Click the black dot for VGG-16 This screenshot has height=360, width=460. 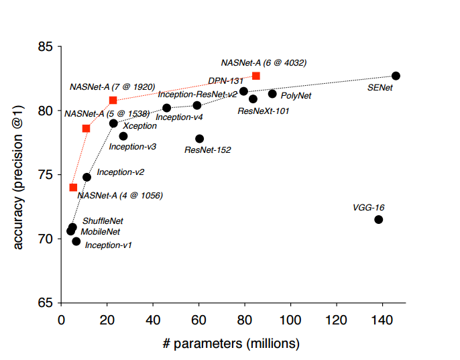pyautogui.click(x=378, y=219)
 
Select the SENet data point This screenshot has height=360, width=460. pyautogui.click(x=396, y=76)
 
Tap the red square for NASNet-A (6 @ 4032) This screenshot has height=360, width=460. pyautogui.click(x=256, y=76)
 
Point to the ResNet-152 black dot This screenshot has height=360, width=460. pyautogui.click(x=199, y=139)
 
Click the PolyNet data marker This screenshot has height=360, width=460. pyautogui.click(x=272, y=94)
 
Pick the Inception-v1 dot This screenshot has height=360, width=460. pyautogui.click(x=76, y=241)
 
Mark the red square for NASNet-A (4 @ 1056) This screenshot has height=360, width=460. pyautogui.click(x=73, y=188)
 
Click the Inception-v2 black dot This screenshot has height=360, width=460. pyautogui.click(x=87, y=177)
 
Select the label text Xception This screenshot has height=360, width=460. pyautogui.click(x=140, y=126)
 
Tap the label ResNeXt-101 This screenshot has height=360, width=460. pyautogui.click(x=264, y=111)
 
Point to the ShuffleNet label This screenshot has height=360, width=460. pyautogui.click(x=103, y=221)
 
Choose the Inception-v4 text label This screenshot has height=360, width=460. pyautogui.click(x=179, y=117)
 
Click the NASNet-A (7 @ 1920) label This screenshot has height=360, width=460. pyautogui.click(x=112, y=87)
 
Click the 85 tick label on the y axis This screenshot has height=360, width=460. pyautogui.click(x=45, y=48)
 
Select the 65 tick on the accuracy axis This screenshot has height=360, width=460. pyautogui.click(x=45, y=302)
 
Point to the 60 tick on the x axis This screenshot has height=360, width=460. pyautogui.click(x=198, y=320)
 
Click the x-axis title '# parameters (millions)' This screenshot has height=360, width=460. pyautogui.click(x=231, y=344)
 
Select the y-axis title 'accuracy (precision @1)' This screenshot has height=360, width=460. pyautogui.click(x=19, y=175)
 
